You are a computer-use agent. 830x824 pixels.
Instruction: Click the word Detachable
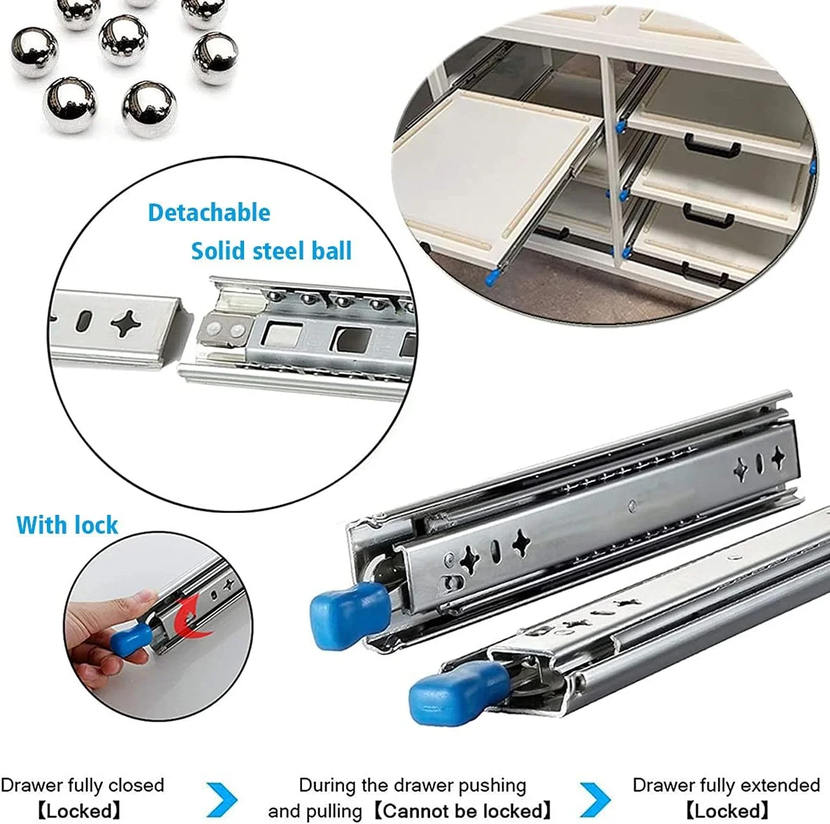(209, 213)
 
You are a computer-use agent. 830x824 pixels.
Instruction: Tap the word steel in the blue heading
(280, 251)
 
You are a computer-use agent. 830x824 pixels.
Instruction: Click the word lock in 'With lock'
(96, 525)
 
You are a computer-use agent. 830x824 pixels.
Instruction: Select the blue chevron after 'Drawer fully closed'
(222, 799)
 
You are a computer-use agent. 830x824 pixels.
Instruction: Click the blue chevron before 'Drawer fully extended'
(596, 799)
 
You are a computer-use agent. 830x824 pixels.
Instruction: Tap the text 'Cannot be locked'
(463, 811)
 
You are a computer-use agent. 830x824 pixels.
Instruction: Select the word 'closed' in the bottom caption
(136, 785)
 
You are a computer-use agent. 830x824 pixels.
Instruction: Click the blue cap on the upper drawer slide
(350, 614)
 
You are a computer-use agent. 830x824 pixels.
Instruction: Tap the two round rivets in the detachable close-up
(224, 330)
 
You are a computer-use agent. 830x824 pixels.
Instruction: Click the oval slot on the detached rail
(85, 321)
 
